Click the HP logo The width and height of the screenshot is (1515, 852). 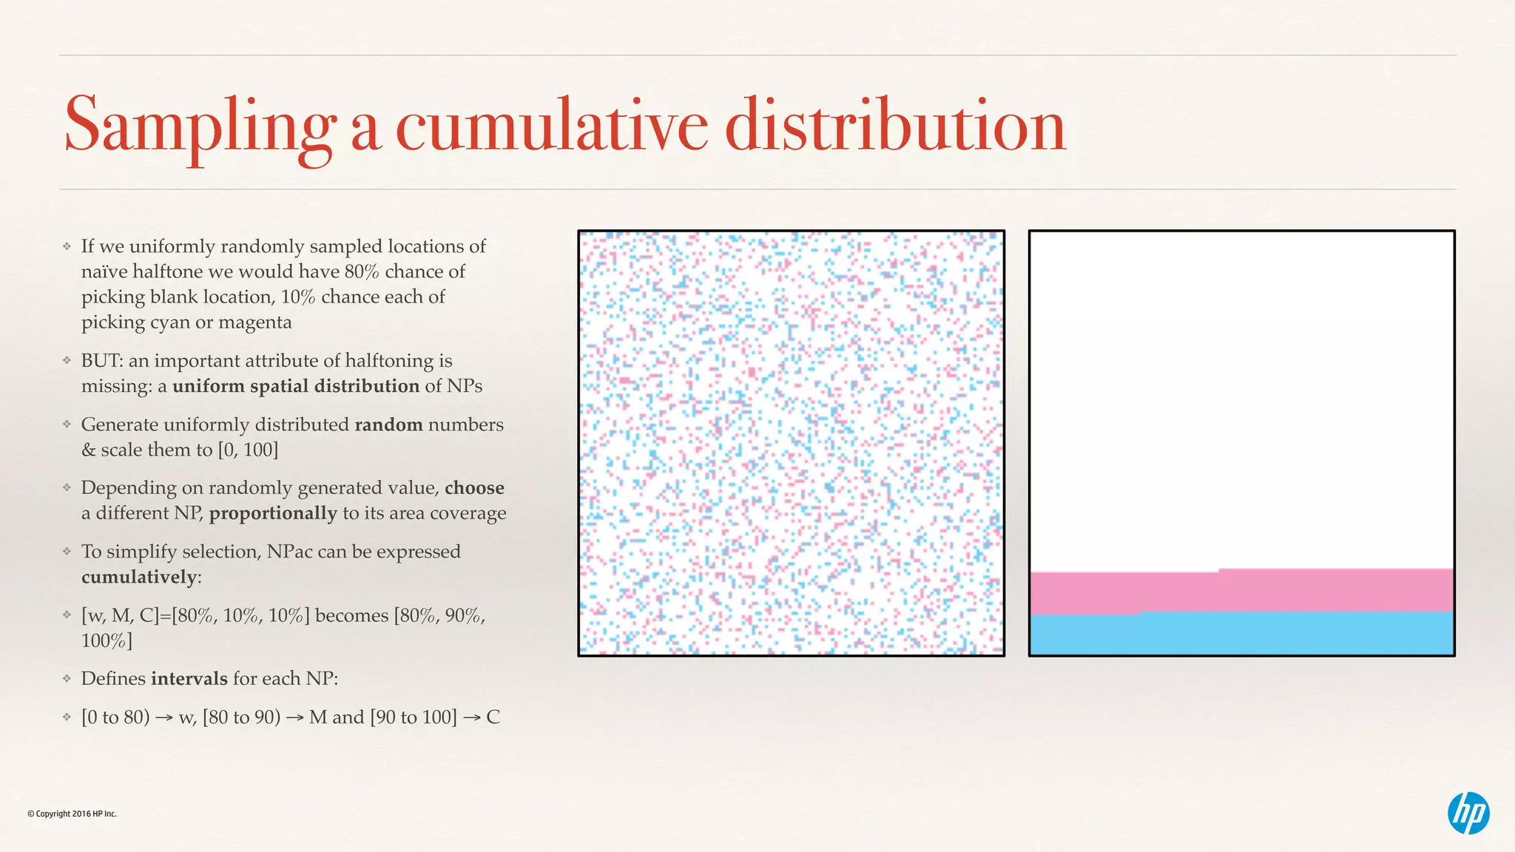pos(1468,813)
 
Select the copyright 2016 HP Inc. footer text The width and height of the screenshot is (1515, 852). pos(72,814)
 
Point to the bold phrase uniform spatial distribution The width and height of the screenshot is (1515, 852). pos(296,386)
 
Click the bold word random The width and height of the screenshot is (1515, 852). pos(388,425)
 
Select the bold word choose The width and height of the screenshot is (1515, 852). pos(474,488)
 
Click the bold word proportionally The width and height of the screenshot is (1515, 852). pos(273,513)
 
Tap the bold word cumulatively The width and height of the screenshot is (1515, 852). pos(139,577)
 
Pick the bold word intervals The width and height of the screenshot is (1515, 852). pos(189,679)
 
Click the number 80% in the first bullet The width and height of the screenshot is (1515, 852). pos(362,271)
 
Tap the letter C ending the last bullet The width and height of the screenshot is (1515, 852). pos(493,717)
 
